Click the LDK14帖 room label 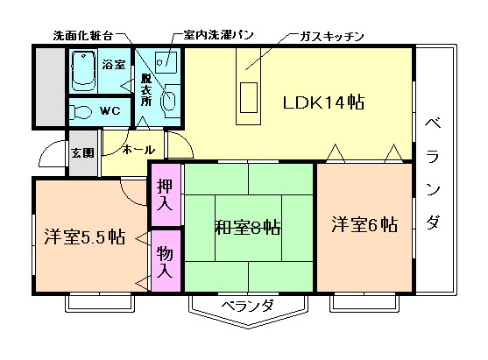[x=323, y=102]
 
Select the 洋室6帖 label [x=364, y=225]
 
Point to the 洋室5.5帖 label [x=84, y=236]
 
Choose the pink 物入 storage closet [x=165, y=260]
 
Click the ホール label [x=138, y=150]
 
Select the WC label [x=110, y=111]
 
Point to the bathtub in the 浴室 [x=83, y=68]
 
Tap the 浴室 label [x=114, y=64]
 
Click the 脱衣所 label [x=145, y=88]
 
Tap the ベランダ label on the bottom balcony [x=247, y=306]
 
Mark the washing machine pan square [x=166, y=64]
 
